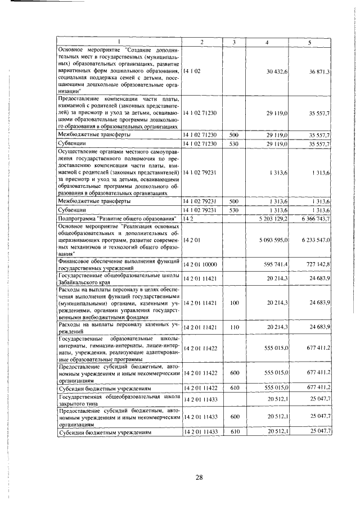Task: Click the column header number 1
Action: (x=119, y=43)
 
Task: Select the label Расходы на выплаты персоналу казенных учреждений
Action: (x=119, y=327)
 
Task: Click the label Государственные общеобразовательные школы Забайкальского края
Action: (x=119, y=278)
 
